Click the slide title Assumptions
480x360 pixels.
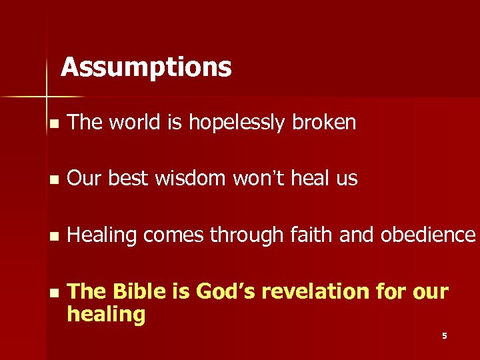click(x=146, y=67)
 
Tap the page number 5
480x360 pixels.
click(x=444, y=336)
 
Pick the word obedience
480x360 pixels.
click(x=429, y=235)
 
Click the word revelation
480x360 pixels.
click(x=328, y=291)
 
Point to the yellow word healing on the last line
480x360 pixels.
click(x=106, y=314)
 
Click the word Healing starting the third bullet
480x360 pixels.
click(x=102, y=235)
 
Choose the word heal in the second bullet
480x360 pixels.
click(x=313, y=179)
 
